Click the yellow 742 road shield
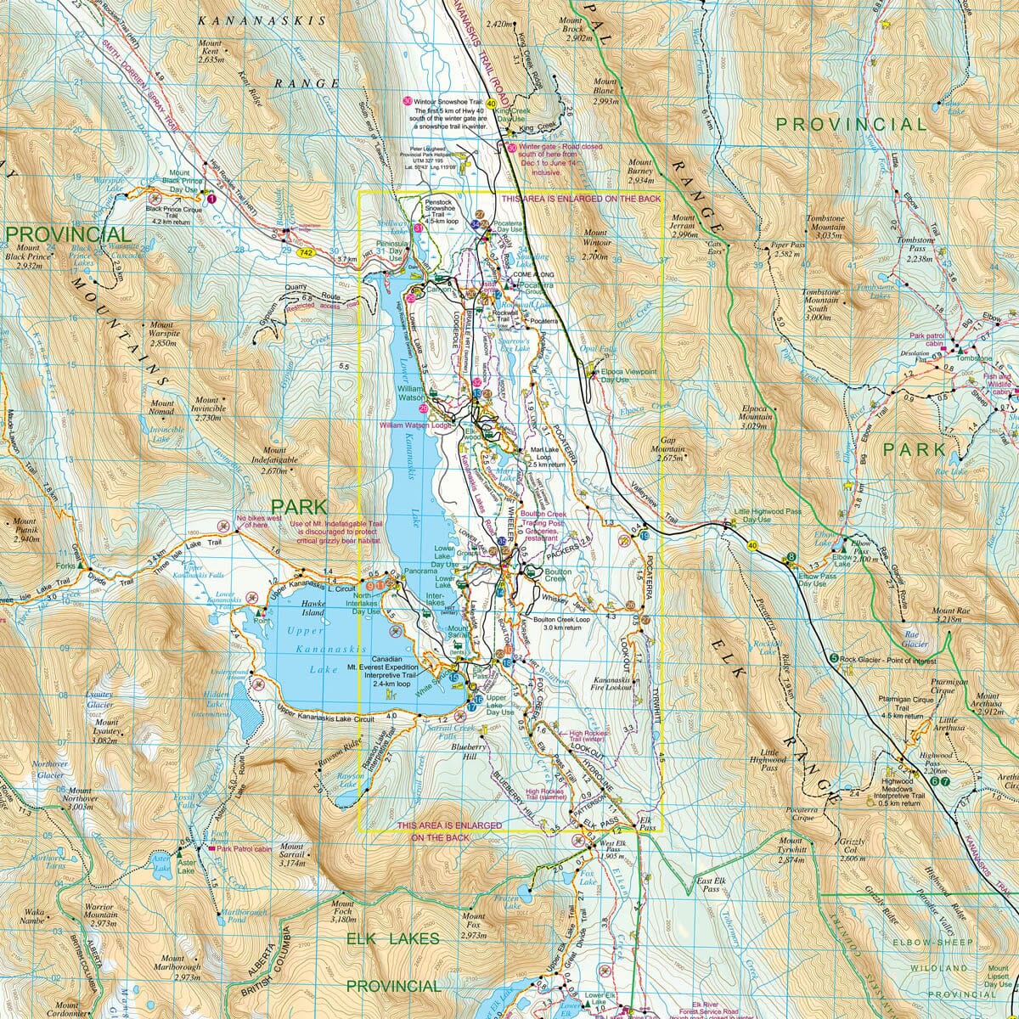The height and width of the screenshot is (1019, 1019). point(306,253)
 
